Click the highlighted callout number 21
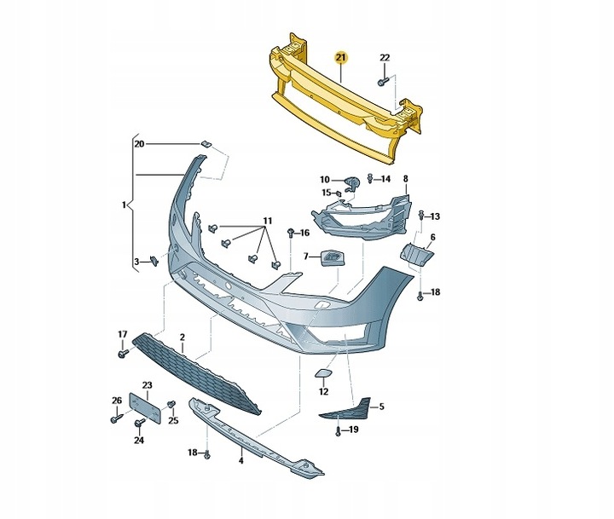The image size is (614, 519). [x=341, y=58]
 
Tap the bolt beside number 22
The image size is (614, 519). [x=383, y=79]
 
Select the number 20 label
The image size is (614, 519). [x=140, y=144]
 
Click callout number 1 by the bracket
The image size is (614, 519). [x=125, y=205]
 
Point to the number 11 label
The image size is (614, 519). [x=267, y=222]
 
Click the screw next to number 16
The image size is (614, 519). [x=293, y=232]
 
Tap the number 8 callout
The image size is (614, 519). [x=405, y=179]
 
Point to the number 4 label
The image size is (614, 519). [x=241, y=461]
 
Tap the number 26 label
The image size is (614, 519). [x=117, y=400]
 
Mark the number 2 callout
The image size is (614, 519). [x=182, y=337]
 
